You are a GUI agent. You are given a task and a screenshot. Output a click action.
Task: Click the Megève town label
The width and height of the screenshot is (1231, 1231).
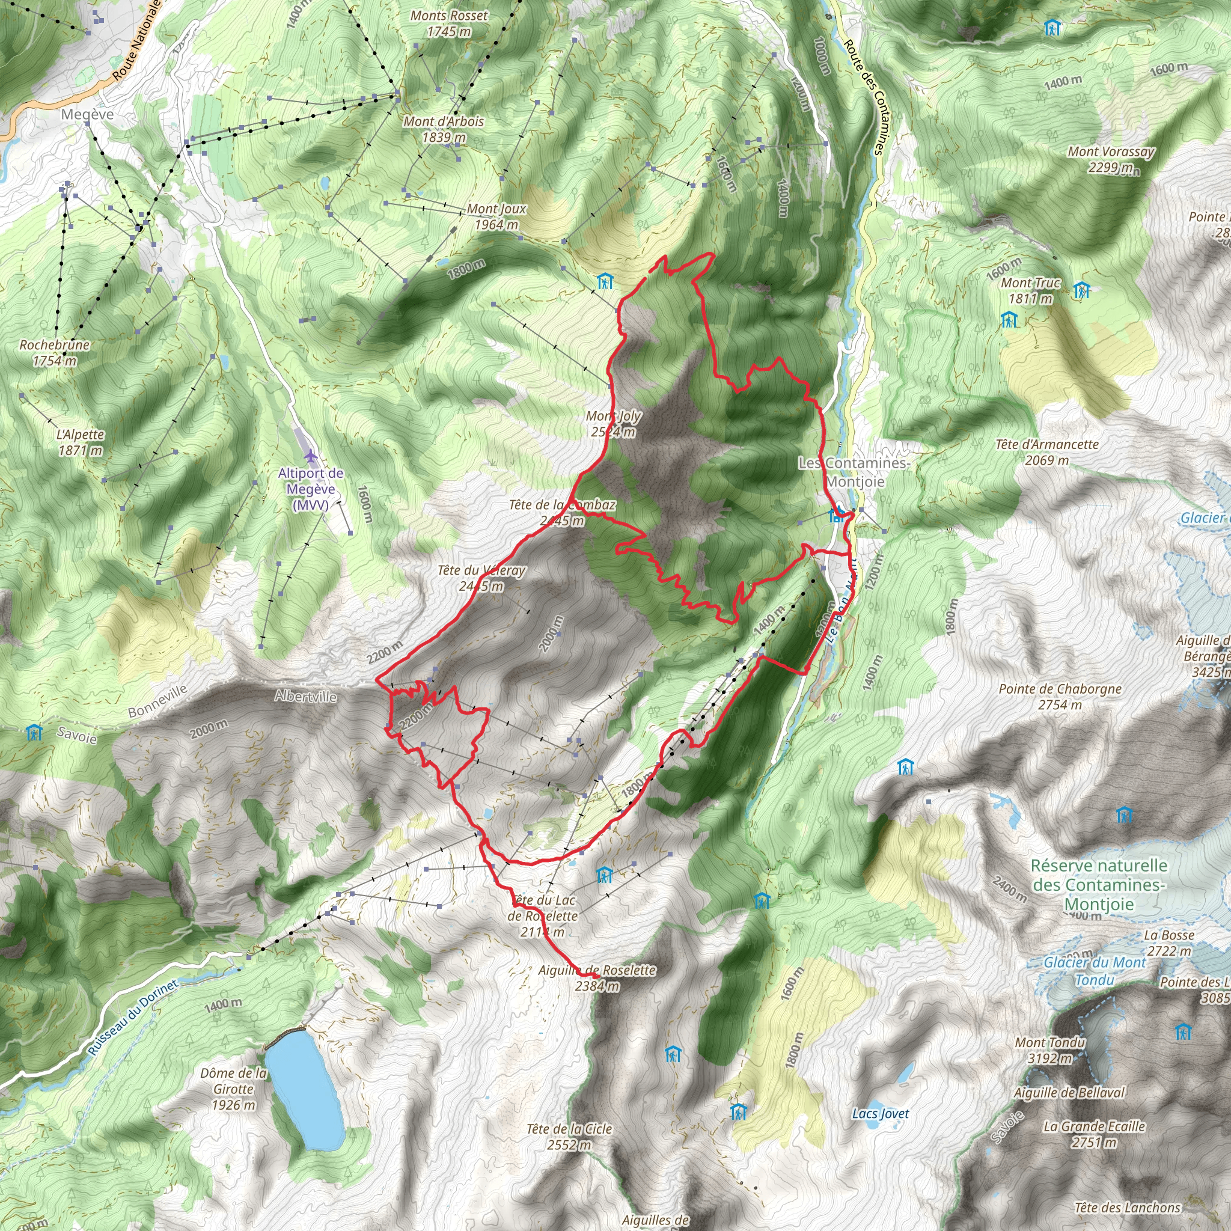[x=87, y=115]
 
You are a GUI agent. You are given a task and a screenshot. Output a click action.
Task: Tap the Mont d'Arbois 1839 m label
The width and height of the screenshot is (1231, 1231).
[x=444, y=129]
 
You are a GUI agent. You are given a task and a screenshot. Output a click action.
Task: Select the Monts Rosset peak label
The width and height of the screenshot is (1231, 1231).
[x=448, y=23]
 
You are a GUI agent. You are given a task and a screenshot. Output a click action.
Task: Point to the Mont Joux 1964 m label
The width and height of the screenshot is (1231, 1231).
[x=496, y=216]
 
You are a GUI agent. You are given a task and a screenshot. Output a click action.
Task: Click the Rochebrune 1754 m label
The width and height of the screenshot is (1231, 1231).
[x=54, y=352]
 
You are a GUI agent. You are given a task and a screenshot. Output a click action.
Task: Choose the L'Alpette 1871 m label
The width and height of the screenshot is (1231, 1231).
[x=81, y=442]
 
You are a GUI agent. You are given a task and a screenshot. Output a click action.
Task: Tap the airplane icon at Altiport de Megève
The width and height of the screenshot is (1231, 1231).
[x=310, y=456]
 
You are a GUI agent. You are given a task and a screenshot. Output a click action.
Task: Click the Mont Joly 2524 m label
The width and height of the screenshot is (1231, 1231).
[x=614, y=424]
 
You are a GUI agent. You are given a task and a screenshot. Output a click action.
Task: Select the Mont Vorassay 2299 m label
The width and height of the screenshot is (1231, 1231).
[x=1111, y=159]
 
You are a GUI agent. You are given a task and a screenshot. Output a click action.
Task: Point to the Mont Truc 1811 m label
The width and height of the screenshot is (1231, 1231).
[x=1030, y=290]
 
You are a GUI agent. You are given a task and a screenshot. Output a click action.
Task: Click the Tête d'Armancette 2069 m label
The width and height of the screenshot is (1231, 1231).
[x=1047, y=452]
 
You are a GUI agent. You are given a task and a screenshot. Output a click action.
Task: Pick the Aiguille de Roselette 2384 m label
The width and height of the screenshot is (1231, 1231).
[x=597, y=978]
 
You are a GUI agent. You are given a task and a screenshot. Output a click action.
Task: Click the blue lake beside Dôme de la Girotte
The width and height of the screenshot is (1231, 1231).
[x=304, y=1090]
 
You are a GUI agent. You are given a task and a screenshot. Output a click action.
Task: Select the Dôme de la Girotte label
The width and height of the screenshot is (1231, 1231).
[x=234, y=1089]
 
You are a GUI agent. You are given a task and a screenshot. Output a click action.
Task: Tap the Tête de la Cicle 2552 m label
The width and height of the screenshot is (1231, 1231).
[x=569, y=1137]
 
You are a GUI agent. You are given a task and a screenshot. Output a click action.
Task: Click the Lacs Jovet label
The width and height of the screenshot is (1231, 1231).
[x=881, y=1114]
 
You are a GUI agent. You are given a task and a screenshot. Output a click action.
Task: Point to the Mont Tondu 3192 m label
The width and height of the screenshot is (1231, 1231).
[x=1049, y=1050]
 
